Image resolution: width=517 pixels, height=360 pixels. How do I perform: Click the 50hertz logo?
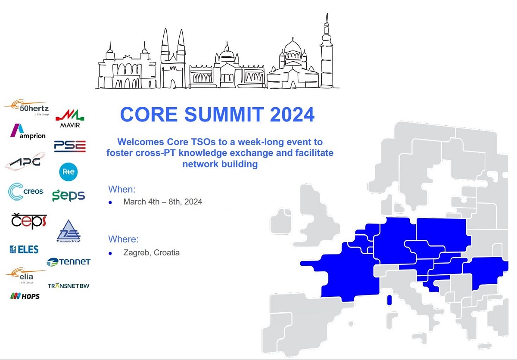pos(27,108)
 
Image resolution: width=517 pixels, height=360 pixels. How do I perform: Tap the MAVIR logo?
pos(70,118)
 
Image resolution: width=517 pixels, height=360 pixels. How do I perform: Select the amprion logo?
pos(28,131)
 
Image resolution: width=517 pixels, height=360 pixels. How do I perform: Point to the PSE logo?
pos(70,146)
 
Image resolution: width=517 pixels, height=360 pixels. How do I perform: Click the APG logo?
pos(25,161)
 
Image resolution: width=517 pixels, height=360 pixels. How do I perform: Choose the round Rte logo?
pos(69,172)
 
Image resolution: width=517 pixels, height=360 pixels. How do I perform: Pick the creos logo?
pos(25,192)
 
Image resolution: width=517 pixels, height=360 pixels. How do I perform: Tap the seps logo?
pos(69,196)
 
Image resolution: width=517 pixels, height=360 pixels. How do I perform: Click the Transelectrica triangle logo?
pos(69,231)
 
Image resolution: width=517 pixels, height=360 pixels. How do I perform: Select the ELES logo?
pos(24,249)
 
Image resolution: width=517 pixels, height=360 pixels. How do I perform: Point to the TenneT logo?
pos(69,262)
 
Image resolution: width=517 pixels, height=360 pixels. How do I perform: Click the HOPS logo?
pos(25,296)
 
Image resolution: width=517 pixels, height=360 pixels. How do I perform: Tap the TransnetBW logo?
pos(69,286)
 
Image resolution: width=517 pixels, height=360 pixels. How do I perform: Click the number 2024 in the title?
pos(292,115)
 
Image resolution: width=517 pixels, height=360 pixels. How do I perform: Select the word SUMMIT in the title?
pos(224,115)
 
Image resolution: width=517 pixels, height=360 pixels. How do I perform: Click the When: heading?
pos(122,189)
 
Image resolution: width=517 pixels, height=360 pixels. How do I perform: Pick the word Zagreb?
pos(137,253)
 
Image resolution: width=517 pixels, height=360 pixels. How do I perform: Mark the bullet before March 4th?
pos(110,202)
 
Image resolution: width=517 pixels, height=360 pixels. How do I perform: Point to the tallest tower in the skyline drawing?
pos(327,51)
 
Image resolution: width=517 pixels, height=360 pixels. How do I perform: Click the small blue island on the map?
pos(389,300)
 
